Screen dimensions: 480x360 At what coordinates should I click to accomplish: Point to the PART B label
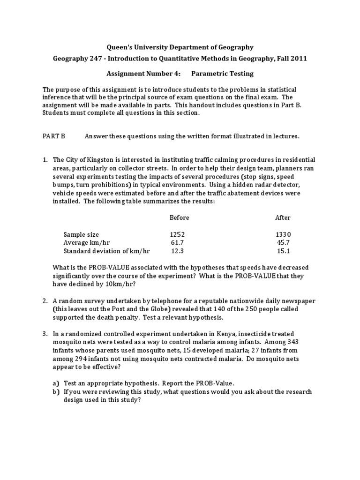(53, 136)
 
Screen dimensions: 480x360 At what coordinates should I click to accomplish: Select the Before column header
(179, 217)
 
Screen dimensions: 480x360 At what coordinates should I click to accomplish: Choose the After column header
(283, 217)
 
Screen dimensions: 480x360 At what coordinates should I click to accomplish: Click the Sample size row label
(81, 234)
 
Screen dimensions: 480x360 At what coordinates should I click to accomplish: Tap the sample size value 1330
(283, 234)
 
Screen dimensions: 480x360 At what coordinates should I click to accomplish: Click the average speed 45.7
(283, 242)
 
